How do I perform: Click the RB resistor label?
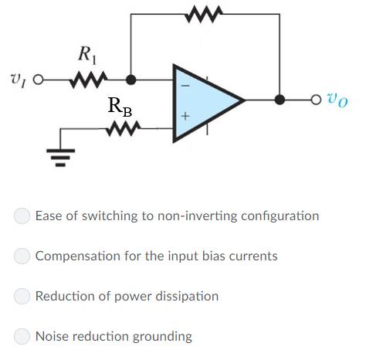[120, 107]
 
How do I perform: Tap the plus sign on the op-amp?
[185, 117]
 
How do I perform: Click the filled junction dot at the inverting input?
[131, 79]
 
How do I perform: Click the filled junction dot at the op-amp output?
[280, 100]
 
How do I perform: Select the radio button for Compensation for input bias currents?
[24, 256]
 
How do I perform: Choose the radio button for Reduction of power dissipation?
[24, 296]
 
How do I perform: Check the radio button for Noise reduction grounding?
[24, 336]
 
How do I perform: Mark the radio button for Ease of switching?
[24, 216]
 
